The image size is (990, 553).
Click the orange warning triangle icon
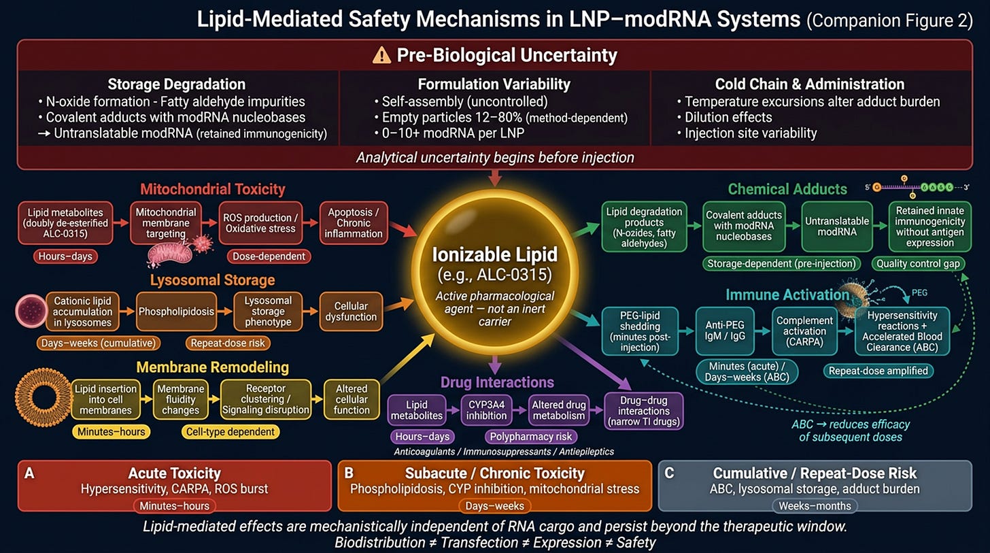click(x=381, y=56)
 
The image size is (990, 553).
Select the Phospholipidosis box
click(x=176, y=312)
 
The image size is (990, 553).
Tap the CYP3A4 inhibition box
click(x=486, y=410)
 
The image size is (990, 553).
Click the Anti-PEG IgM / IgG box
click(x=725, y=331)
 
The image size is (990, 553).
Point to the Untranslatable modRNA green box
click(x=836, y=227)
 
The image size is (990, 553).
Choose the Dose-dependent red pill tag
click(x=269, y=256)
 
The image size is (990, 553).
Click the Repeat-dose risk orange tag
click(x=228, y=343)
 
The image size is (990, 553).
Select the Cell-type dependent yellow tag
click(x=231, y=432)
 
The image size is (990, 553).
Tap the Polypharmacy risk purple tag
click(x=531, y=437)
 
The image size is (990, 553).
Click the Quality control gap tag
click(x=918, y=264)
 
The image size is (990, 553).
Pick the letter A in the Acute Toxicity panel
click(x=29, y=473)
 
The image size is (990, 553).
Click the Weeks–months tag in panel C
click(x=815, y=506)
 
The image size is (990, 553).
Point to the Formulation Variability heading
click(x=494, y=84)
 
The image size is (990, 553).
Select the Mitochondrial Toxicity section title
click(x=213, y=189)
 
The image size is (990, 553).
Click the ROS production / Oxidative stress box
click(x=260, y=223)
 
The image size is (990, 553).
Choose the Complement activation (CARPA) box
click(x=804, y=331)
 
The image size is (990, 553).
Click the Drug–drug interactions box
click(x=643, y=411)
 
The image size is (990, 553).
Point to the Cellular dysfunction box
click(x=351, y=312)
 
